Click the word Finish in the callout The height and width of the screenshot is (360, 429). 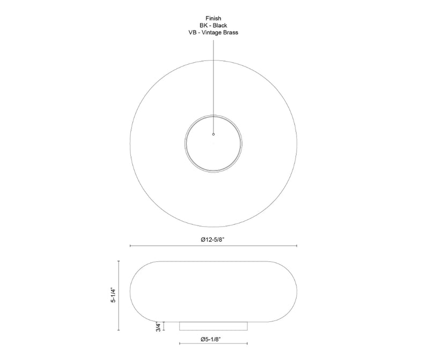pos(213,18)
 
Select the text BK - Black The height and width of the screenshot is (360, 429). pos(213,25)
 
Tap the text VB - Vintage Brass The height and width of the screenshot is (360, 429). pos(213,33)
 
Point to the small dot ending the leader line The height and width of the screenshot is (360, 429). pos(213,134)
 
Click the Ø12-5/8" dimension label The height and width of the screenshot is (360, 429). pos(212,239)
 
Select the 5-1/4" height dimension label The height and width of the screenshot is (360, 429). pos(113,295)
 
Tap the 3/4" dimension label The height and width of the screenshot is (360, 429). pos(158,327)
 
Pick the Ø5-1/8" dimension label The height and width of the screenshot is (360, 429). pos(211,339)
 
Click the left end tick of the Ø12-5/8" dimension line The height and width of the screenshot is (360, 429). pos(130,246)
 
